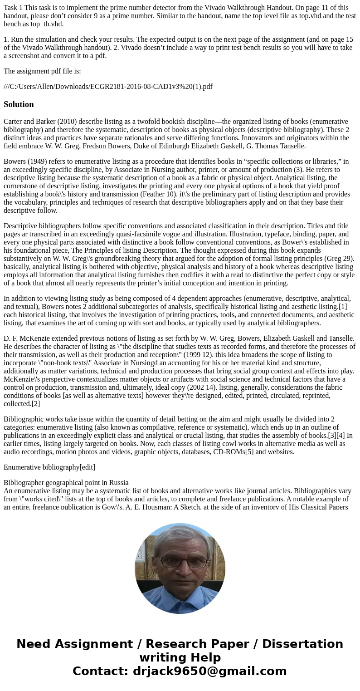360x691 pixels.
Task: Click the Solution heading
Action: point(19,104)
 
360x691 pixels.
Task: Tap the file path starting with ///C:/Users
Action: point(108,86)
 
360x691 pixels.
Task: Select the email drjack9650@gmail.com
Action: point(209,671)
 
